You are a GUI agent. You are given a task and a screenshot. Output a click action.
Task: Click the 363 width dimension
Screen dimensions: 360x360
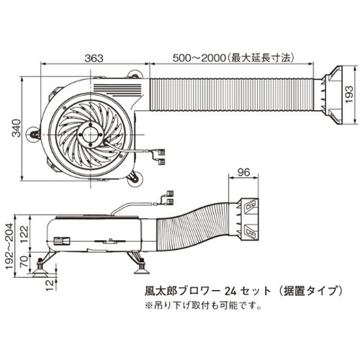point(94,58)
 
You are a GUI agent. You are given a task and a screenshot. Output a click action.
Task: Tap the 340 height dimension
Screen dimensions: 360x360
point(17,127)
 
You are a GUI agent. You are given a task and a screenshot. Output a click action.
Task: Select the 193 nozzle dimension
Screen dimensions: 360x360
point(349,94)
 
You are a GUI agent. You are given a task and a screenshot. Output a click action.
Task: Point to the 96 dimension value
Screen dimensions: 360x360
point(243,172)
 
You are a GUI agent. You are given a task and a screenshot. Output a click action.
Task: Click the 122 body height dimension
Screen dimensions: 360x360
point(24,234)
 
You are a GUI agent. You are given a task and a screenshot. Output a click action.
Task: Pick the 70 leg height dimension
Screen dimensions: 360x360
point(24,262)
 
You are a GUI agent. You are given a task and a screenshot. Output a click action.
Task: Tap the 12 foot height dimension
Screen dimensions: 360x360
point(50,286)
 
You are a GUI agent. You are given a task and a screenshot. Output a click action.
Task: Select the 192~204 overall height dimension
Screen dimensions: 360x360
point(9,246)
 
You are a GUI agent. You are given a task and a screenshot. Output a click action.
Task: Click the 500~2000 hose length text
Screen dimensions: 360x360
point(233,58)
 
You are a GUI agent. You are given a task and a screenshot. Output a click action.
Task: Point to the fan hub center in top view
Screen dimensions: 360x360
point(91,135)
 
